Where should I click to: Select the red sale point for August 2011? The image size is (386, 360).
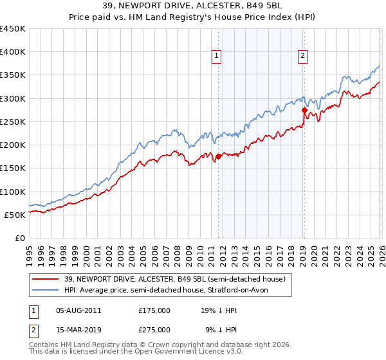pyautogui.click(x=218, y=156)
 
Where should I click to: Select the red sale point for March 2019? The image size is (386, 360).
pyautogui.click(x=304, y=110)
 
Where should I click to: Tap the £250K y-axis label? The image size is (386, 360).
pyautogui.click(x=13, y=122)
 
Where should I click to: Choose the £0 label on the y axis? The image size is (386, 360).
pyautogui.click(x=19, y=238)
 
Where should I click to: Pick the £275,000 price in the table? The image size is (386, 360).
pyautogui.click(x=154, y=330)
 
